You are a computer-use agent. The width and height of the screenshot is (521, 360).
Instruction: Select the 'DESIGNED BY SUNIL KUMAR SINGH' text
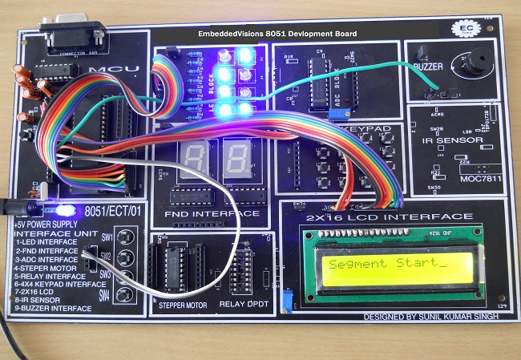pos(431,317)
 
